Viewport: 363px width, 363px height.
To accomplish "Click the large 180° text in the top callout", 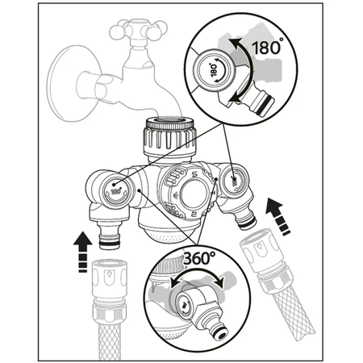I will tap(267, 48).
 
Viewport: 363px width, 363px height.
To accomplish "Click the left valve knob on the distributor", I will tap(118, 190).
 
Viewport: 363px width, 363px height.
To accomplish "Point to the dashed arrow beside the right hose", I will tap(279, 217).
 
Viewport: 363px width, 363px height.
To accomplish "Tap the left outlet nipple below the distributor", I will tap(107, 233).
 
